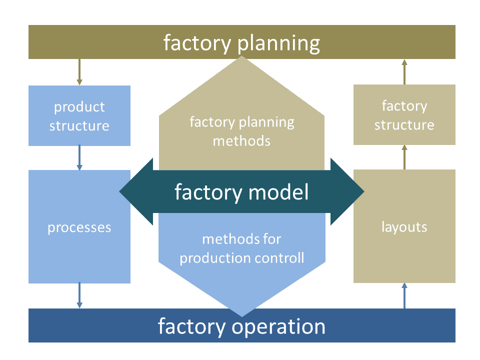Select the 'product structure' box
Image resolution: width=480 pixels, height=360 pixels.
coord(79,116)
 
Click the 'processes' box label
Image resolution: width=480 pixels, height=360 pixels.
coord(79,227)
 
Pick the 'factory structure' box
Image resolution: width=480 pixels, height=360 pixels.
coord(404,115)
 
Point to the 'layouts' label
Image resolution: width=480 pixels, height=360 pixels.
coord(404,227)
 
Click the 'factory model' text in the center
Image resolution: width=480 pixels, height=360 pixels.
coord(241,192)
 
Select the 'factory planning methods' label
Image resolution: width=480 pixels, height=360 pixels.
coord(241,131)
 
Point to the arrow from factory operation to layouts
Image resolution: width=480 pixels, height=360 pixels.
coord(404,295)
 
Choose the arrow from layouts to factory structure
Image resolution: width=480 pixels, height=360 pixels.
coord(404,157)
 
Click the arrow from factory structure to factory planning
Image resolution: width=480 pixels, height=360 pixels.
coord(404,71)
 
